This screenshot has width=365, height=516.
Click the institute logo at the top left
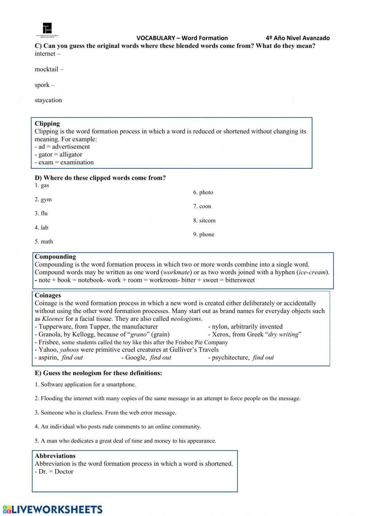pos(47,29)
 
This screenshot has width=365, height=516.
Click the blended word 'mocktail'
pos(46,69)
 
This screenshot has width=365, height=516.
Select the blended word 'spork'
pos(42,85)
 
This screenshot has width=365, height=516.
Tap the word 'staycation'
pos(48,100)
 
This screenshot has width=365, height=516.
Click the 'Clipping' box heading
pos(47,123)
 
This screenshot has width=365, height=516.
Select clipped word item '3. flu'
pos(41,214)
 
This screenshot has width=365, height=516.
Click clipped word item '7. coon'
pos(202,206)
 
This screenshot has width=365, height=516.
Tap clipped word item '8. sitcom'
pos(204,221)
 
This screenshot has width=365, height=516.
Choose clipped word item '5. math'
pos(44,242)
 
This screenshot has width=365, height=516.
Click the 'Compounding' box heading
pos(55,257)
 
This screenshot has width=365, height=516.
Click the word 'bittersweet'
pos(240,280)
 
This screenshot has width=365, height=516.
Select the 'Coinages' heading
pos(48,295)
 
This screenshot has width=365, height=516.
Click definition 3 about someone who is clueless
pos(105,413)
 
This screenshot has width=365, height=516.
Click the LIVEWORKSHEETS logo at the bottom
pos(52,509)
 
